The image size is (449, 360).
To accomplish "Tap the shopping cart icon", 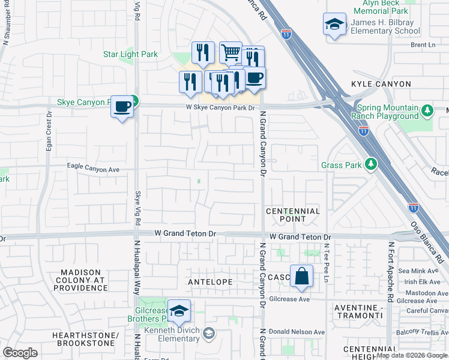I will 231,53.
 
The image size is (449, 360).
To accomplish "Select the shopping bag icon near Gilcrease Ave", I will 302,277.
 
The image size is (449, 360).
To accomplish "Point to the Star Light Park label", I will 130,55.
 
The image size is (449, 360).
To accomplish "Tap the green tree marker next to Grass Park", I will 372,164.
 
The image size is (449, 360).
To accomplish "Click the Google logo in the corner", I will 20,353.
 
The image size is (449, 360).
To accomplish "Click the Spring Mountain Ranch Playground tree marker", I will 427,111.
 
